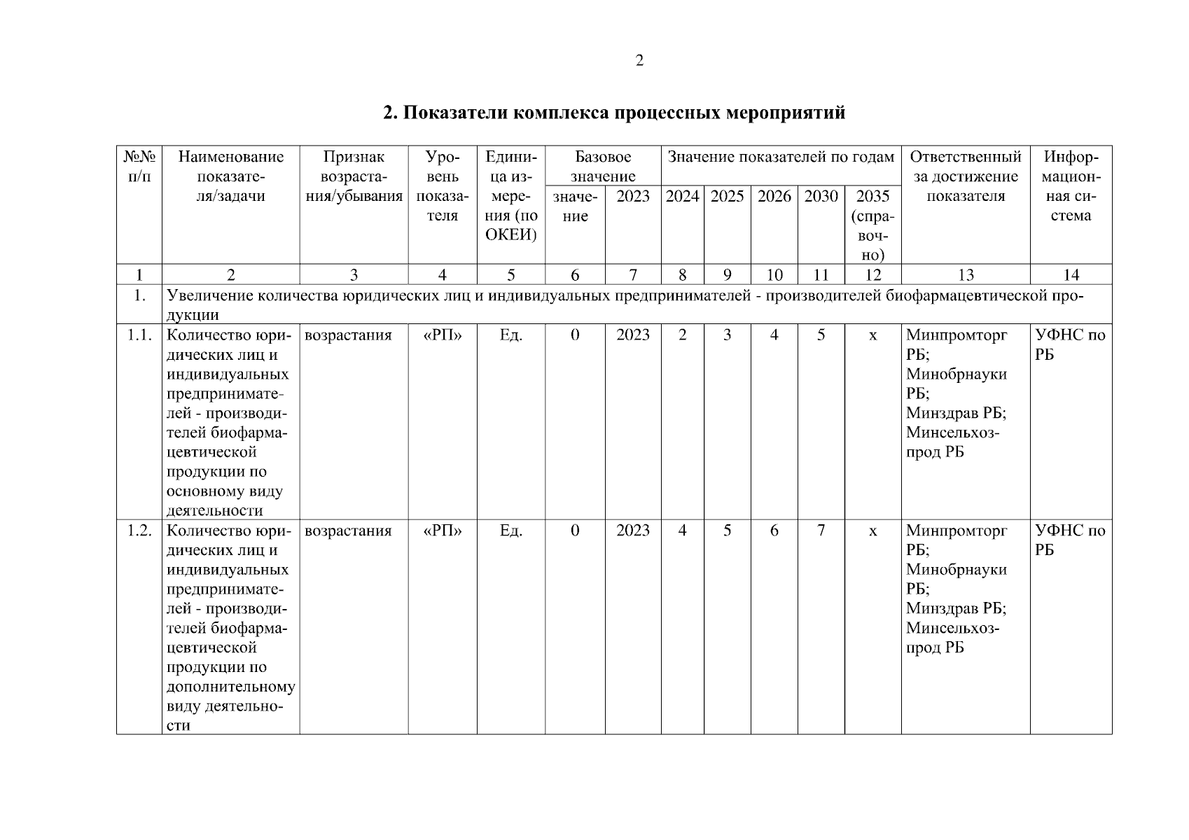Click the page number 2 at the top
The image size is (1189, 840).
pyautogui.click(x=639, y=61)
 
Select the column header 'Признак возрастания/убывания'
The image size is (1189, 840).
pyautogui.click(x=354, y=176)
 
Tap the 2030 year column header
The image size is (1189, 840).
pyautogui.click(x=821, y=197)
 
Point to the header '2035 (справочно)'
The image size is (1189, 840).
pyautogui.click(x=872, y=225)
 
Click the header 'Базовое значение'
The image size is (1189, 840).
pyautogui.click(x=603, y=167)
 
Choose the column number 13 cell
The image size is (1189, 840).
pyautogui.click(x=965, y=275)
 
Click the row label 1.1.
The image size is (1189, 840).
pyautogui.click(x=139, y=335)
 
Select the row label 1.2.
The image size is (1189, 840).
pyautogui.click(x=139, y=531)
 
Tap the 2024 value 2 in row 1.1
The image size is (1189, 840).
pyautogui.click(x=682, y=335)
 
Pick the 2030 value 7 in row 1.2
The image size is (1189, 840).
pyautogui.click(x=821, y=531)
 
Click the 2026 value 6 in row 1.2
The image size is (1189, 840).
pyautogui.click(x=774, y=531)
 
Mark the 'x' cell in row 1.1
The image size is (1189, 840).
pyautogui.click(x=872, y=336)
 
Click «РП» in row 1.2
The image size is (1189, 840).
pyautogui.click(x=443, y=531)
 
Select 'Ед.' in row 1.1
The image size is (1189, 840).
pyautogui.click(x=510, y=335)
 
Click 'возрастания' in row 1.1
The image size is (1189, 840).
pyautogui.click(x=348, y=335)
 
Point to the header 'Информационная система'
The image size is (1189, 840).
pyautogui.click(x=1071, y=186)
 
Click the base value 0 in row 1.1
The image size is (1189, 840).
pyautogui.click(x=575, y=335)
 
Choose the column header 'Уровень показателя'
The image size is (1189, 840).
pyautogui.click(x=443, y=186)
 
